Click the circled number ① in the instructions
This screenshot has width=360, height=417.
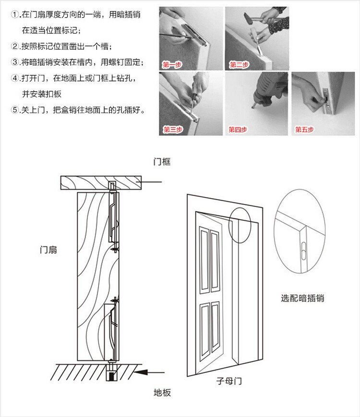click(15, 15)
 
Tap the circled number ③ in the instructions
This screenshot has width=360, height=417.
click(15, 62)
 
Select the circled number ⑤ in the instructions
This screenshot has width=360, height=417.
click(15, 110)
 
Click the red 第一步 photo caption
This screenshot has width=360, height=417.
click(172, 64)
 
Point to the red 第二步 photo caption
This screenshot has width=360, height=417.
click(239, 64)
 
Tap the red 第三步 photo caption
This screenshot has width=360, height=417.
click(172, 129)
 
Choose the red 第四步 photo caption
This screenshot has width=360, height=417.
click(238, 129)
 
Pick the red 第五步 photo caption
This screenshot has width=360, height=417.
click(304, 129)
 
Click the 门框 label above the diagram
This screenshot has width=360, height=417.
click(162, 162)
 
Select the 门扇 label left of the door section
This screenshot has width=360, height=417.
click(48, 250)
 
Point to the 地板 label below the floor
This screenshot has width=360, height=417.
click(162, 393)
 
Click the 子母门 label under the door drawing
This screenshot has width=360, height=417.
click(228, 382)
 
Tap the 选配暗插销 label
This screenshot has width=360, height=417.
click(302, 298)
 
